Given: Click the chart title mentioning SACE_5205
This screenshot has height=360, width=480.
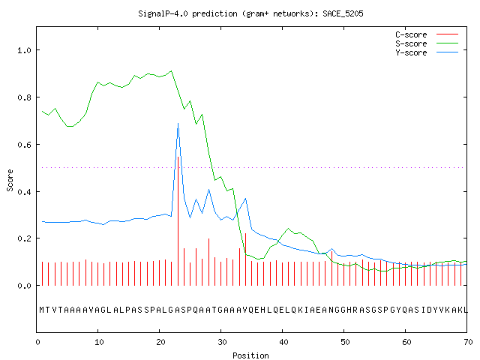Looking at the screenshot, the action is tap(250, 13).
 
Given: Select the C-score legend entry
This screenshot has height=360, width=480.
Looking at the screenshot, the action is tap(427, 34).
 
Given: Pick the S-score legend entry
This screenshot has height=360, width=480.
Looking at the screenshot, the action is tap(427, 43).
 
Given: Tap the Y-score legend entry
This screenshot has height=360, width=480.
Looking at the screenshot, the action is tap(427, 52).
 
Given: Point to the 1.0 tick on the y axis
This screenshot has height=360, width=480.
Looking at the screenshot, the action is tap(24, 50).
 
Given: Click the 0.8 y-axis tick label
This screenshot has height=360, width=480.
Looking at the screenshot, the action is tap(24, 97).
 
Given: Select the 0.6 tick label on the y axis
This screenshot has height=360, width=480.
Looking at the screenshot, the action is tap(24, 145).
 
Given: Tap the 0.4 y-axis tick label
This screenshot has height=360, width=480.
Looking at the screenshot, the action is tap(24, 192).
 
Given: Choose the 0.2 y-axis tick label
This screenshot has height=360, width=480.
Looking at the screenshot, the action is tap(24, 238).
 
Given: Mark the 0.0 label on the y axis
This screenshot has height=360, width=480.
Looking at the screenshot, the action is tap(24, 286).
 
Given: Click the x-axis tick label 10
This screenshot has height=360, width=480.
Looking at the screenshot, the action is tap(99, 342).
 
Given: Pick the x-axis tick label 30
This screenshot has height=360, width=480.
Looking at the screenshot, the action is tap(222, 342).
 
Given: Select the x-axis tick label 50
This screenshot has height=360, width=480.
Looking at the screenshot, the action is tap(345, 342).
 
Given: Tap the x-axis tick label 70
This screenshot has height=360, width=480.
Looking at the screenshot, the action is tap(468, 342).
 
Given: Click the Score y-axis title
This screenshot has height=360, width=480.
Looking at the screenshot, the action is tap(10, 180).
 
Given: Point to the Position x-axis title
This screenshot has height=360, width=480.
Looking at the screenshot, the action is tap(250, 355).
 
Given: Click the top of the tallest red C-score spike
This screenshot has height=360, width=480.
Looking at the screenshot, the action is tap(178, 157).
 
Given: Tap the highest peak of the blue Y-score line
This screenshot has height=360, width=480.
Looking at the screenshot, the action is tap(178, 123).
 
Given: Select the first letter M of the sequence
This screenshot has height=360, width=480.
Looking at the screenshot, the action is tap(42, 310).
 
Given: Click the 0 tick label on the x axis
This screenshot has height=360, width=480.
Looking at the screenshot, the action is tap(37, 342).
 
